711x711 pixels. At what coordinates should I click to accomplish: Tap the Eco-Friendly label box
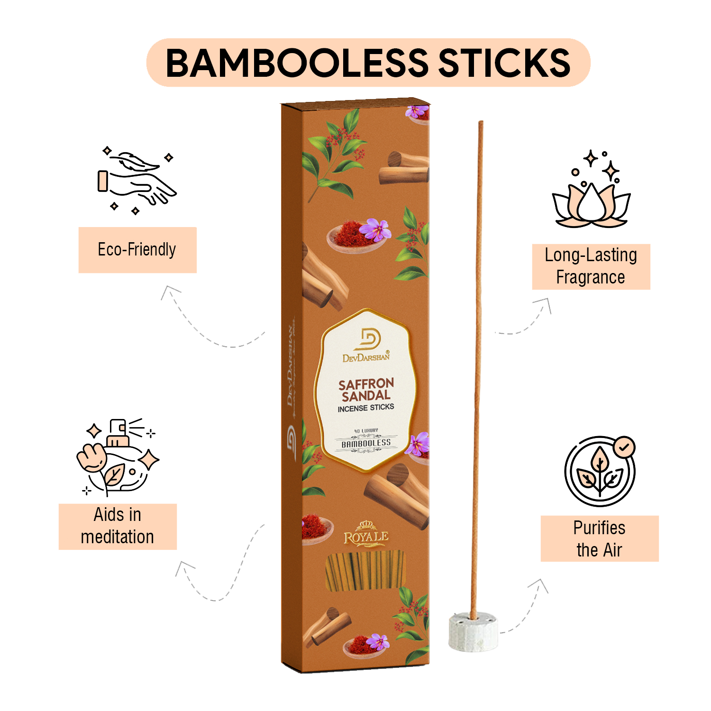click(137, 250)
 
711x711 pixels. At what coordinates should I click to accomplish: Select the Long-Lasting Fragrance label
click(591, 266)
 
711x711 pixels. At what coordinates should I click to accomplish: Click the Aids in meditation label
click(118, 526)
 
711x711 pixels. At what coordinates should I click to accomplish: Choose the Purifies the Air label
click(599, 538)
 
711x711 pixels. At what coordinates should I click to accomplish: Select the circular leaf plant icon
click(599, 472)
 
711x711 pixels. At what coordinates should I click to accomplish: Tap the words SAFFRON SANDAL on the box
click(366, 389)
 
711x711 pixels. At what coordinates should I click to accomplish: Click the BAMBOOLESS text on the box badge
click(366, 444)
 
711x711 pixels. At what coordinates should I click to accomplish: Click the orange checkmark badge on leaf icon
click(624, 447)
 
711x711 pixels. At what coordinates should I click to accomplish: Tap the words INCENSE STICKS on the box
click(366, 408)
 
